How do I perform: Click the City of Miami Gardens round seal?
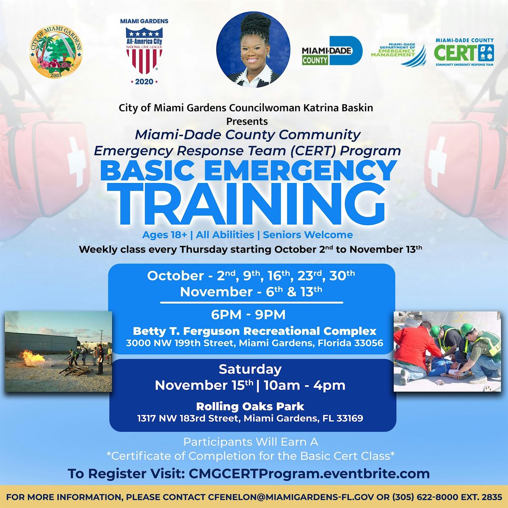pyautogui.click(x=56, y=52)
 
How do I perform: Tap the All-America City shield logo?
pyautogui.click(x=144, y=50)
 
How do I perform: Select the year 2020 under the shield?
pyautogui.click(x=144, y=82)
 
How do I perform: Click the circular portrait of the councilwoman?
pyautogui.click(x=253, y=50)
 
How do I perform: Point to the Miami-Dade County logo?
pyautogui.click(x=332, y=51)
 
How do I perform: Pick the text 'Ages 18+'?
pyautogui.click(x=165, y=235)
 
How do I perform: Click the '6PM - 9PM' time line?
pyautogui.click(x=248, y=315)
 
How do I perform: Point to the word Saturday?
pyautogui.click(x=250, y=370)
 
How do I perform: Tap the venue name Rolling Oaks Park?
pyautogui.click(x=250, y=406)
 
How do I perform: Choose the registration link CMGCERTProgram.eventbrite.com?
pyautogui.click(x=309, y=474)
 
